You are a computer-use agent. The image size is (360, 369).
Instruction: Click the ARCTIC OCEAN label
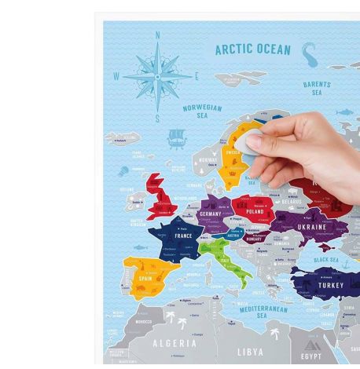(x=253, y=49)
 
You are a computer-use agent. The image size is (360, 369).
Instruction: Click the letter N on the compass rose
(x=158, y=35)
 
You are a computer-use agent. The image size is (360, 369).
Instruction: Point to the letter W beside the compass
(x=117, y=77)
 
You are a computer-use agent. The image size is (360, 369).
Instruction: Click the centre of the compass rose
(x=158, y=77)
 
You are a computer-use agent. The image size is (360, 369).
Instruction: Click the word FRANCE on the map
(x=183, y=236)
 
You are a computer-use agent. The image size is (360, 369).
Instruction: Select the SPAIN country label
(x=145, y=278)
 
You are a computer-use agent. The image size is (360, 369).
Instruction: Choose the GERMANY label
(x=211, y=214)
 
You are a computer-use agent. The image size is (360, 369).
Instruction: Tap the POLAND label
(x=255, y=211)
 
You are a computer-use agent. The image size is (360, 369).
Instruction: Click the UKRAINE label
(x=311, y=227)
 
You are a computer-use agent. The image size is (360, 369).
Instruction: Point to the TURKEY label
(x=331, y=286)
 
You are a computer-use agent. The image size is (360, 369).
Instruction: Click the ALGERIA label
(x=174, y=343)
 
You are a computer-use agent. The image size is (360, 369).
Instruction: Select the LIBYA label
(x=250, y=352)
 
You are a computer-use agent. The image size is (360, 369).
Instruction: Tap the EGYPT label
(x=310, y=356)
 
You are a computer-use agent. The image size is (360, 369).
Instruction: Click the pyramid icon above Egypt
(x=312, y=343)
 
